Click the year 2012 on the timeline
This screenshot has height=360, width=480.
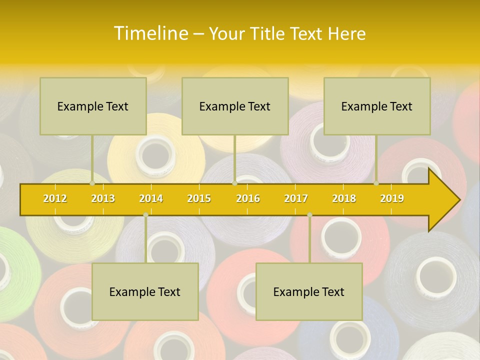[55, 198]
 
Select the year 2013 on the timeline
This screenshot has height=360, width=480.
[103, 198]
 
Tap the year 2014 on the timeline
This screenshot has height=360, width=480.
[151, 198]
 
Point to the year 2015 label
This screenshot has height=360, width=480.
[199, 198]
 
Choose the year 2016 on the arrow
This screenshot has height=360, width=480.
[248, 198]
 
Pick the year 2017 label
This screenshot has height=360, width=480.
[296, 198]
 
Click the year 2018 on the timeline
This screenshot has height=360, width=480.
[344, 198]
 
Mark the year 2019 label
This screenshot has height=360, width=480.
[392, 198]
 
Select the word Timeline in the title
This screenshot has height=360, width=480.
[150, 33]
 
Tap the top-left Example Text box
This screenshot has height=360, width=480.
[93, 106]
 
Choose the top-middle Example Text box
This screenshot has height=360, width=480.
[235, 106]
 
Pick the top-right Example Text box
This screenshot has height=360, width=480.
[377, 106]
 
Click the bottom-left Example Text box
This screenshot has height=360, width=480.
[145, 291]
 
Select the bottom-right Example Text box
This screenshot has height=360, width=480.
[309, 291]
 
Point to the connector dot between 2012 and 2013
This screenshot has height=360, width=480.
[92, 183]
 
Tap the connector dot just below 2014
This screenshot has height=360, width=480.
[145, 214]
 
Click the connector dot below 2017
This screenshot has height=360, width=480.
[309, 214]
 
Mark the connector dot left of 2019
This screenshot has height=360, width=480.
[376, 183]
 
